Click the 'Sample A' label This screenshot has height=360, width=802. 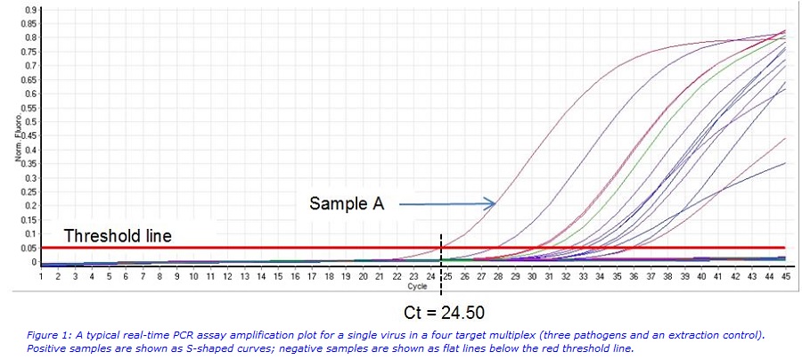coord(347,204)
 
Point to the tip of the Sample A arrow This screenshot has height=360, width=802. coord(495,204)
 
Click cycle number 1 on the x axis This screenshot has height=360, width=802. coord(41,277)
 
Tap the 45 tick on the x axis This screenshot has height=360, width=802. coord(785,277)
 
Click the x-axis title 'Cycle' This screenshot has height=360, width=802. coord(417,287)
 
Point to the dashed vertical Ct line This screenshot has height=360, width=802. coord(441,258)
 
